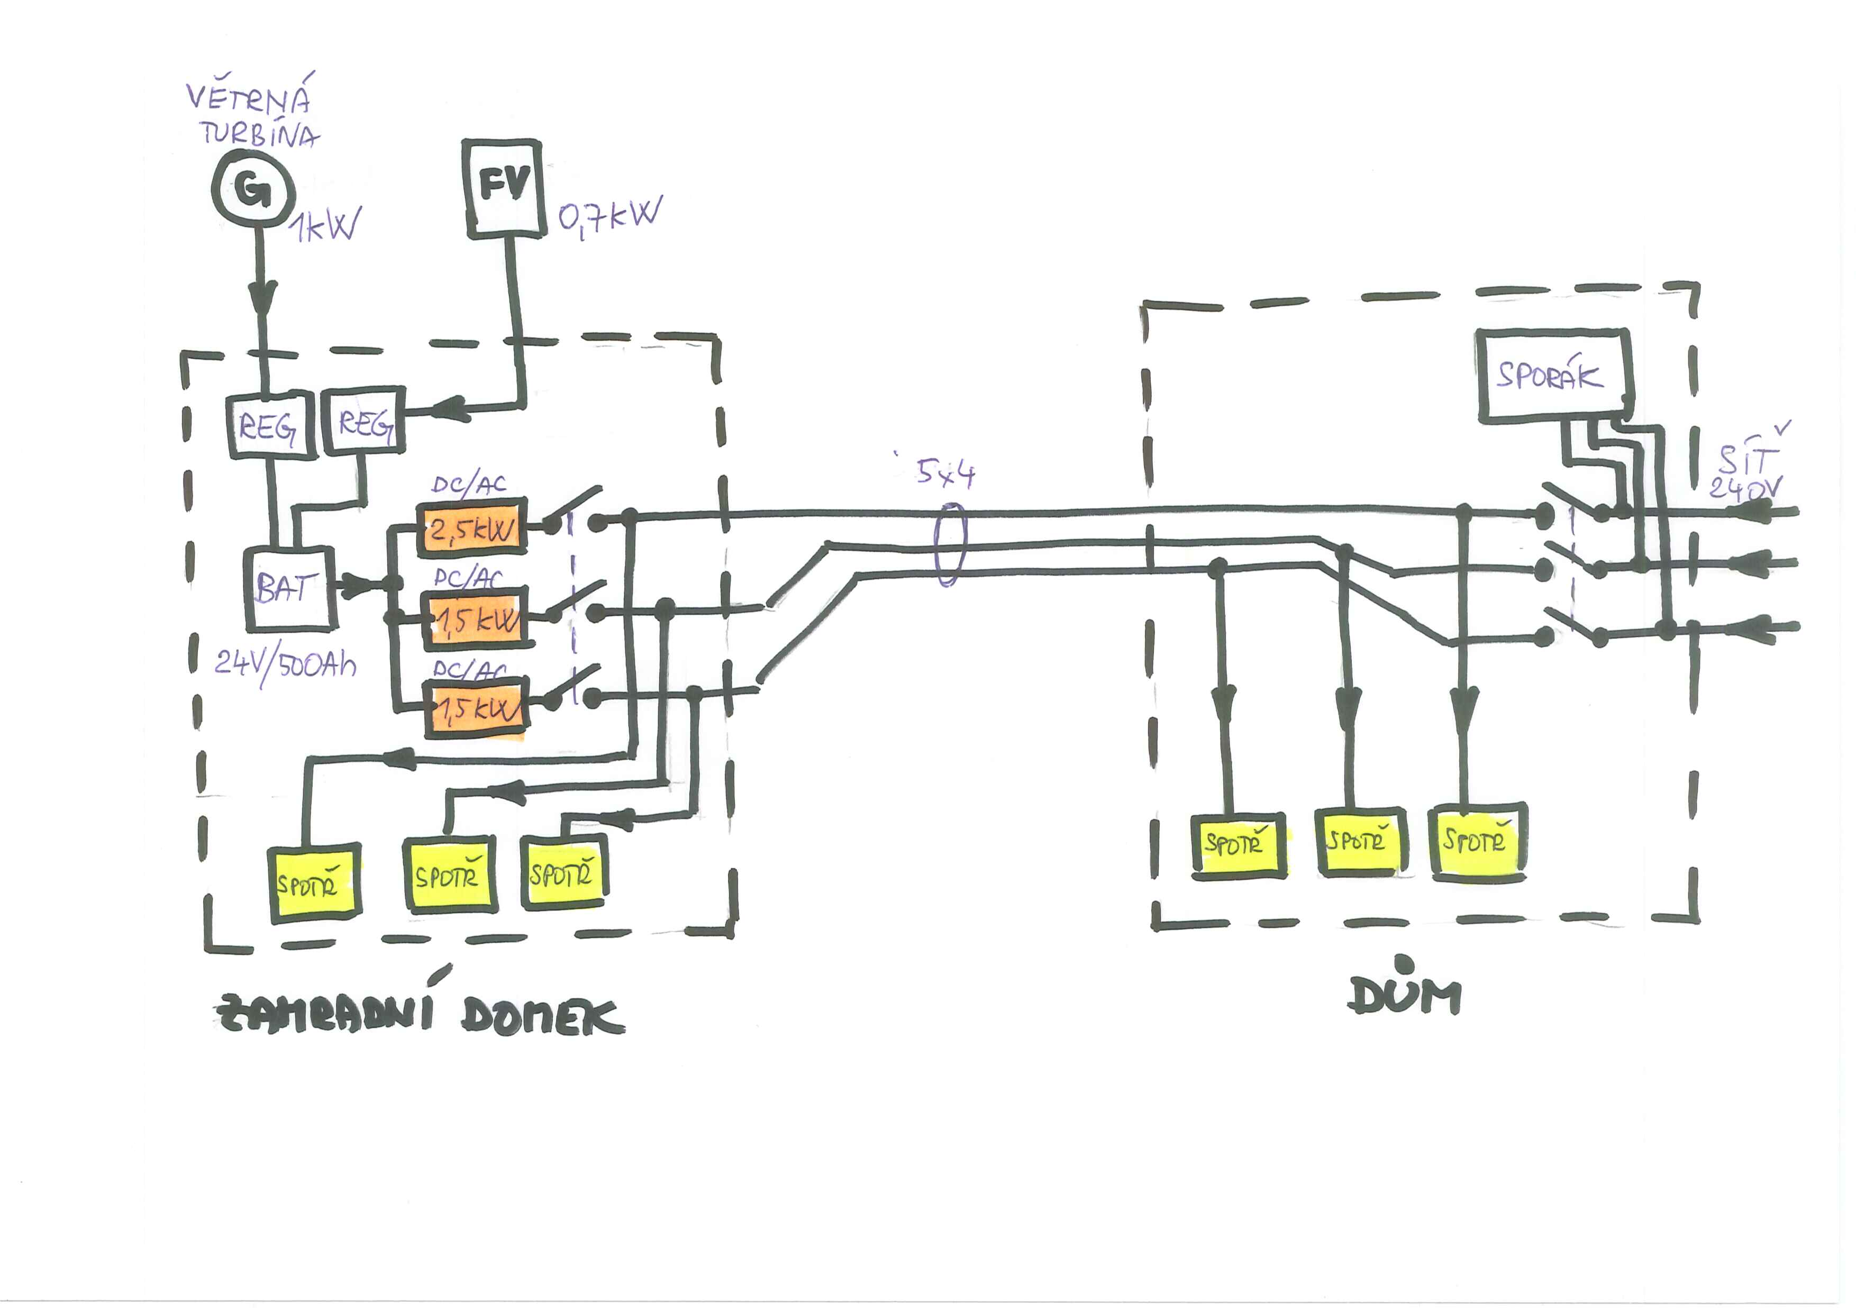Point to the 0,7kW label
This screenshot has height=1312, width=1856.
pyautogui.click(x=609, y=216)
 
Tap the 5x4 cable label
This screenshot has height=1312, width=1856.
pyautogui.click(x=946, y=473)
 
